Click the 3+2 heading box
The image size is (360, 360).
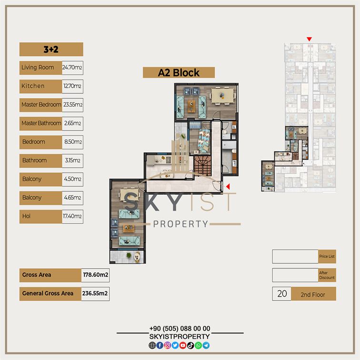click(x=51, y=49)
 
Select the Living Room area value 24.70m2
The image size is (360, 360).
click(x=72, y=68)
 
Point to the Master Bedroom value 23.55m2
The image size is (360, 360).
click(x=72, y=105)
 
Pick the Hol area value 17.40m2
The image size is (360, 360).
click(x=72, y=216)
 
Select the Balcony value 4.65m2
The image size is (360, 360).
click(x=72, y=198)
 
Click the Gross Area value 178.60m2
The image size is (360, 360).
click(x=95, y=275)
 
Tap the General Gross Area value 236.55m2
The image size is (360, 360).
click(x=95, y=293)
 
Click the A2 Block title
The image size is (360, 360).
click(x=179, y=72)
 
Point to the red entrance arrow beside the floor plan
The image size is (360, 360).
click(x=228, y=187)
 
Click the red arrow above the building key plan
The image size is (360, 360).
click(x=309, y=39)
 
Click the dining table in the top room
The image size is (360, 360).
click(x=222, y=96)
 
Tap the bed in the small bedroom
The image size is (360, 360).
click(x=204, y=141)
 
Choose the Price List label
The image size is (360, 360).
click(x=327, y=257)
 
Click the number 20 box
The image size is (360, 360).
click(x=282, y=294)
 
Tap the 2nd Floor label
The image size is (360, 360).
click(x=313, y=295)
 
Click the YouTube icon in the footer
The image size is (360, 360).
click(x=183, y=345)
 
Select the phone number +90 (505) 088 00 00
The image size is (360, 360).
click(x=180, y=329)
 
